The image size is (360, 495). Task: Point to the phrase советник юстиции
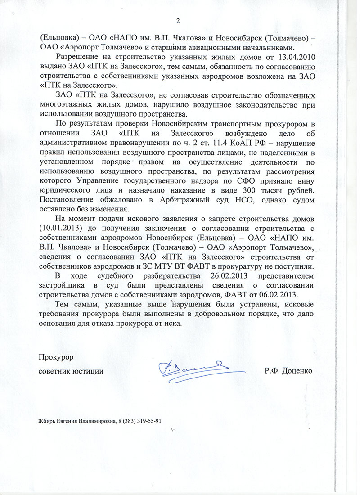coord(71,371)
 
